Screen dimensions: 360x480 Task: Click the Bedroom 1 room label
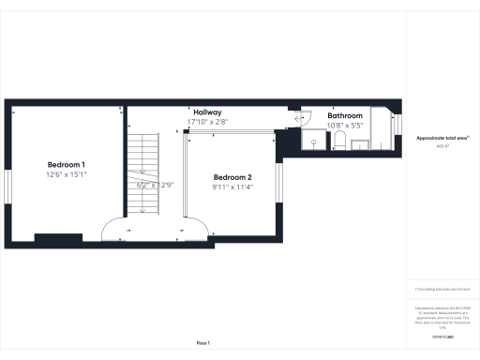point(67,164)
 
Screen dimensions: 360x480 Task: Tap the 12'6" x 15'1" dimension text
point(67,174)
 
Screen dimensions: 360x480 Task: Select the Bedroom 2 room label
point(232,177)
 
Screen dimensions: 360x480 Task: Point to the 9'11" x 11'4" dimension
point(232,187)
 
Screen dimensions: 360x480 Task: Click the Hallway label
point(207,112)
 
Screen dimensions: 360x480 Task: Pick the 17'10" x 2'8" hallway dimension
point(207,122)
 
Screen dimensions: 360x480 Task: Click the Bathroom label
point(344,115)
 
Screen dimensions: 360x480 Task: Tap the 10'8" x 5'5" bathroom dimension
point(344,125)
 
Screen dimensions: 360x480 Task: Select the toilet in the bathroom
point(340,141)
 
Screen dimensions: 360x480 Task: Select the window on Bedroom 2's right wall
point(278,178)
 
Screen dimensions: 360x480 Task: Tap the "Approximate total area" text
point(442,138)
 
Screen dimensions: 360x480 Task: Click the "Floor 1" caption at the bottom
point(203,343)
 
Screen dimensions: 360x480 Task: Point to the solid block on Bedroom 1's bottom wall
point(51,235)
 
